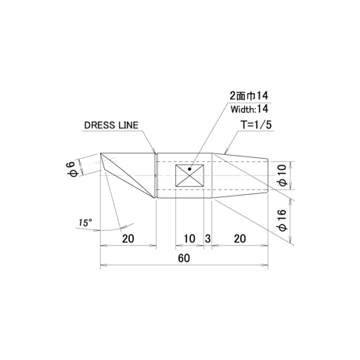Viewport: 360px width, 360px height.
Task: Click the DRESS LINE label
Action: tap(111, 125)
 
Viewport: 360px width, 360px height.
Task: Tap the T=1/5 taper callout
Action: tap(256, 125)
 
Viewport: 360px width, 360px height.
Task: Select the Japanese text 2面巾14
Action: tap(249, 95)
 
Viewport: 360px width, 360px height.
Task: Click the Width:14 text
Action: tap(250, 109)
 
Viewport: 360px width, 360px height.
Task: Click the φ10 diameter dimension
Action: tap(282, 175)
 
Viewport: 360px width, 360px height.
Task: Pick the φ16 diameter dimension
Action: tap(282, 221)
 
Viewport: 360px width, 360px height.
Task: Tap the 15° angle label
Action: tap(85, 223)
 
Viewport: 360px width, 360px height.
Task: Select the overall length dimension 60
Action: tap(184, 258)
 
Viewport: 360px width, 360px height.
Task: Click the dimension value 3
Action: tap(207, 239)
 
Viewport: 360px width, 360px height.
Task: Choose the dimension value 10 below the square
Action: tap(189, 239)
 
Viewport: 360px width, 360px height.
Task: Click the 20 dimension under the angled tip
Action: tap(128, 239)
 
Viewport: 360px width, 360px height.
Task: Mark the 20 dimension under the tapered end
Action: tap(239, 239)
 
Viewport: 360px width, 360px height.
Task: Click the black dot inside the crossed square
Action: tap(189, 169)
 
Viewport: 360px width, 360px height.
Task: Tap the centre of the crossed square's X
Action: tap(189, 175)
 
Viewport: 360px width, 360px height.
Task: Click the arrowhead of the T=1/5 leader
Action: tap(226, 151)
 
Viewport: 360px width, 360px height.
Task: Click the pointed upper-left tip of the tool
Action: tap(101, 153)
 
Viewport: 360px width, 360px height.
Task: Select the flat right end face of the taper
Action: tap(268, 175)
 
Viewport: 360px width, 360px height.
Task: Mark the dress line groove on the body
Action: tap(156, 175)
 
